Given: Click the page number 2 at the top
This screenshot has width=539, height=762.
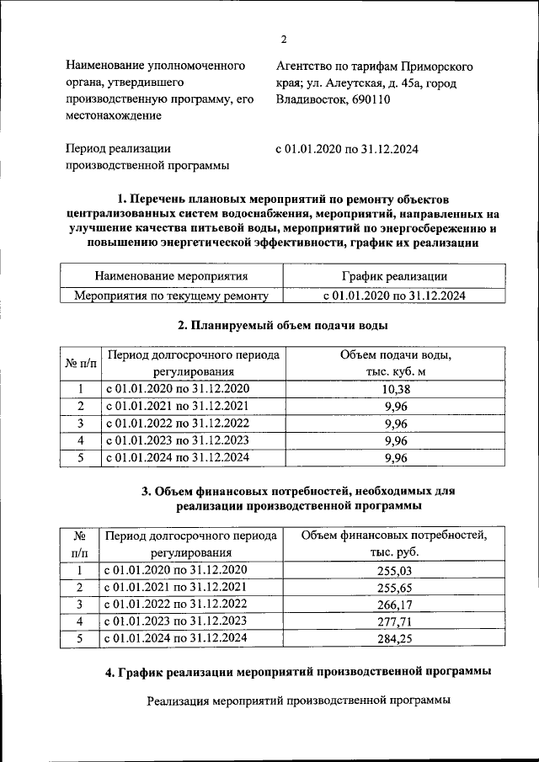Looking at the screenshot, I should [284, 40].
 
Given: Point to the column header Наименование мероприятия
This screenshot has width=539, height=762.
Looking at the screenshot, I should [171, 275].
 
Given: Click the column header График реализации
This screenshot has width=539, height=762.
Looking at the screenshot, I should [394, 275].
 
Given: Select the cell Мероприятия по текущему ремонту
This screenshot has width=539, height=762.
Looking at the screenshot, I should [171, 296].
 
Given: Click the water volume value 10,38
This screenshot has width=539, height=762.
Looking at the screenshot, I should [395, 389].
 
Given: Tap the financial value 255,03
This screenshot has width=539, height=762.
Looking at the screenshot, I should [395, 570].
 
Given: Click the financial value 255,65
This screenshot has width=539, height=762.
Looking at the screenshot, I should [395, 588].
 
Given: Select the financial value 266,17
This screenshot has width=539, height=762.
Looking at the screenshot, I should [395, 605].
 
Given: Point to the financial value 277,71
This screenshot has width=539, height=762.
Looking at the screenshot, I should [395, 622].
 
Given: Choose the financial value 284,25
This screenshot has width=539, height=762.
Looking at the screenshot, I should [395, 639].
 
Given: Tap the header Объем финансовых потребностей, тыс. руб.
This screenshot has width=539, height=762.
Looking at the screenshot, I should [395, 543].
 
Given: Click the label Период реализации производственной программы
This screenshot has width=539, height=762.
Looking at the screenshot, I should [147, 157].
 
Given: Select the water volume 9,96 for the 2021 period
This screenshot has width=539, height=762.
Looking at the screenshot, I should [395, 406].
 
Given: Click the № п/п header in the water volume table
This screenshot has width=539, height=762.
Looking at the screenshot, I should [80, 363].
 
